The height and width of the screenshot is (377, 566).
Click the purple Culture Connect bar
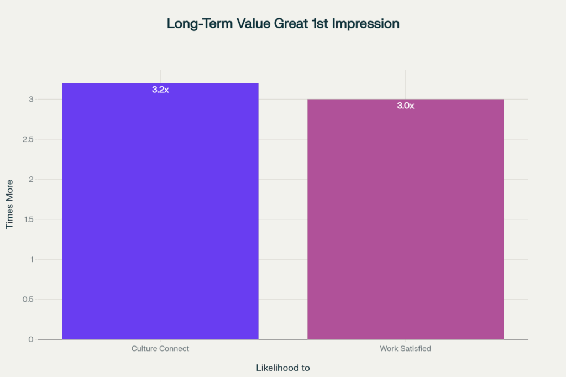pyautogui.click(x=160, y=216)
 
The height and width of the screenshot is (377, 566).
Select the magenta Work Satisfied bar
pyautogui.click(x=405, y=221)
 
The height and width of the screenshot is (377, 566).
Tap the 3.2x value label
pyautogui.click(x=160, y=90)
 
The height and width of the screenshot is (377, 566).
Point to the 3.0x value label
pyautogui.click(x=405, y=106)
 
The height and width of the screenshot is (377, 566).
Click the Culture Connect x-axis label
pyautogui.click(x=160, y=349)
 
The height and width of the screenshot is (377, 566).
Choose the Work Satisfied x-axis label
pyautogui.click(x=405, y=349)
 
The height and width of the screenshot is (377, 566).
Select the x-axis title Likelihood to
pyautogui.click(x=283, y=368)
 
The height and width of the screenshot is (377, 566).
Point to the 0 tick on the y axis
pyautogui.click(x=32, y=339)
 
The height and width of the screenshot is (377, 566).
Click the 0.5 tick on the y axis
pyautogui.click(x=29, y=300)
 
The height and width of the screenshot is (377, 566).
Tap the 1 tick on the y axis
pyautogui.click(x=32, y=259)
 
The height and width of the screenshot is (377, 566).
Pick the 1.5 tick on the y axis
pyautogui.click(x=29, y=219)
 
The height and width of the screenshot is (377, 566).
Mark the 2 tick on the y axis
pyautogui.click(x=32, y=179)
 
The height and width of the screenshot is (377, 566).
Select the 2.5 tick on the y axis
pyautogui.click(x=29, y=139)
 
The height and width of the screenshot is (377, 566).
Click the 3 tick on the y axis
pyautogui.click(x=32, y=100)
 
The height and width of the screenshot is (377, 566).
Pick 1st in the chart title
pyautogui.click(x=315, y=24)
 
